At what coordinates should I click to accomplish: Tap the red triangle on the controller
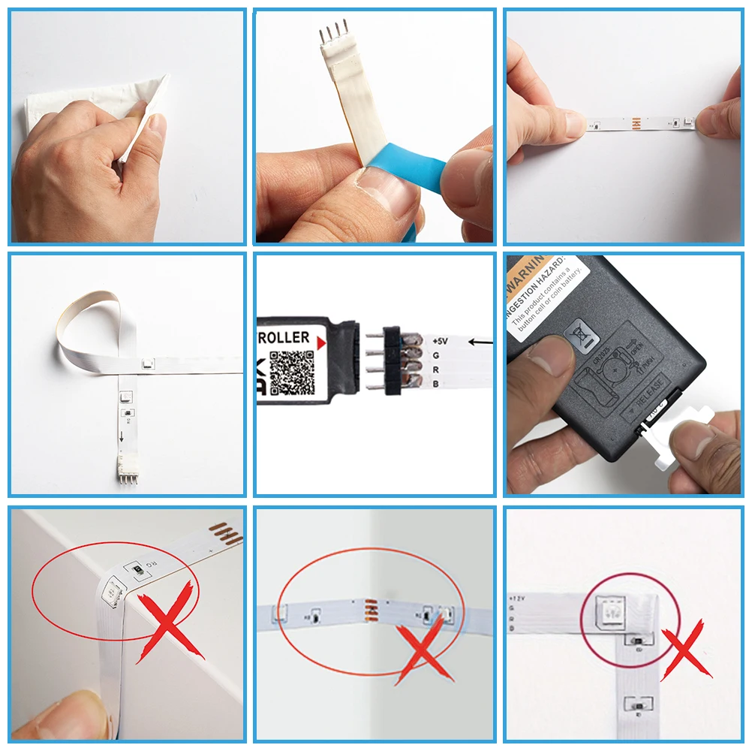[322, 342]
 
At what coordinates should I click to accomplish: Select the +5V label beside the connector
[440, 341]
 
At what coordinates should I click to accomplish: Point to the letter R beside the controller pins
[435, 369]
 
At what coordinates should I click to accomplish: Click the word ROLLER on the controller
[284, 338]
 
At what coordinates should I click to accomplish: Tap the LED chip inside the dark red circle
[609, 612]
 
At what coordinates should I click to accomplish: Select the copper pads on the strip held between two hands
[636, 120]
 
